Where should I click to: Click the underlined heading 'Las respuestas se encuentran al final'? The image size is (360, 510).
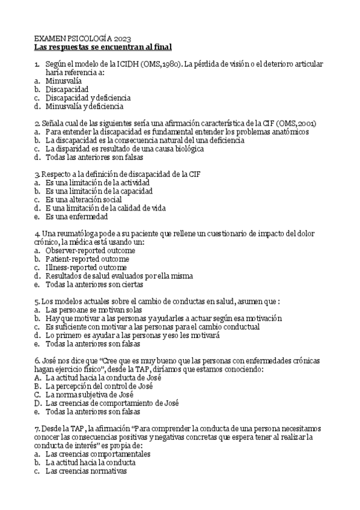pyautogui.click(x=103, y=46)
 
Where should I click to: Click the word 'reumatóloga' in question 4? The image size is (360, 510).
pyautogui.click(x=82, y=233)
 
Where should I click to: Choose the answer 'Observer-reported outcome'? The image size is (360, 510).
pyautogui.click(x=91, y=250)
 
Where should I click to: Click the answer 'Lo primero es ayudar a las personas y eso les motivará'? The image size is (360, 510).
pyautogui.click(x=133, y=335)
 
